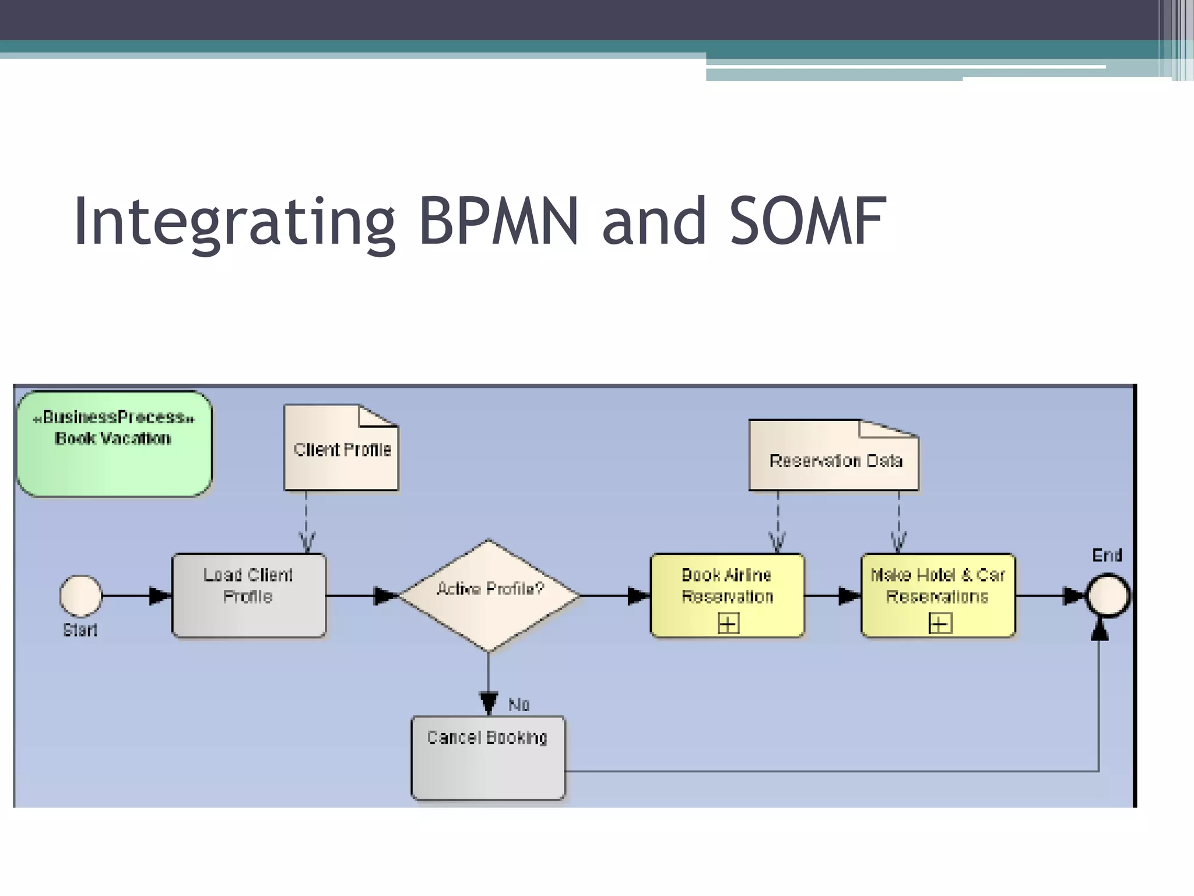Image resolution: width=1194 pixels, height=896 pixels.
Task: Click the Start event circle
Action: click(x=81, y=596)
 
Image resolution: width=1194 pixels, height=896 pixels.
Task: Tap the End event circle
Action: click(x=1108, y=596)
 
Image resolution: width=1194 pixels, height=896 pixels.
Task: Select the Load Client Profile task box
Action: click(x=249, y=596)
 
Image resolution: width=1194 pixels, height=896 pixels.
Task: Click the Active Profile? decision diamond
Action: click(x=489, y=596)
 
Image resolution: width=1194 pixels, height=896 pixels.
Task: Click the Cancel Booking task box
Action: click(x=488, y=758)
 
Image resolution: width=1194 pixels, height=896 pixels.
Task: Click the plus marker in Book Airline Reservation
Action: click(x=728, y=624)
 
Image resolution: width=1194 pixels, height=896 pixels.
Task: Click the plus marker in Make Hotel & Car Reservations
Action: click(x=940, y=624)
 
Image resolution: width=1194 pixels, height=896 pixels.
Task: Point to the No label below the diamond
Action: click(x=519, y=705)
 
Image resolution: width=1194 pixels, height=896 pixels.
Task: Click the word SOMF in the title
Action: click(x=807, y=222)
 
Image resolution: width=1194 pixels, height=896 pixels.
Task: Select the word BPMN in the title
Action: click(x=499, y=222)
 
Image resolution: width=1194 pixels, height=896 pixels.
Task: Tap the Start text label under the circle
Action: click(x=80, y=630)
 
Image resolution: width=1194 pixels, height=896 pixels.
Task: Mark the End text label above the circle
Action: click(x=1107, y=555)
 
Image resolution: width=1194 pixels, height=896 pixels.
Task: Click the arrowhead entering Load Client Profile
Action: click(x=160, y=596)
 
